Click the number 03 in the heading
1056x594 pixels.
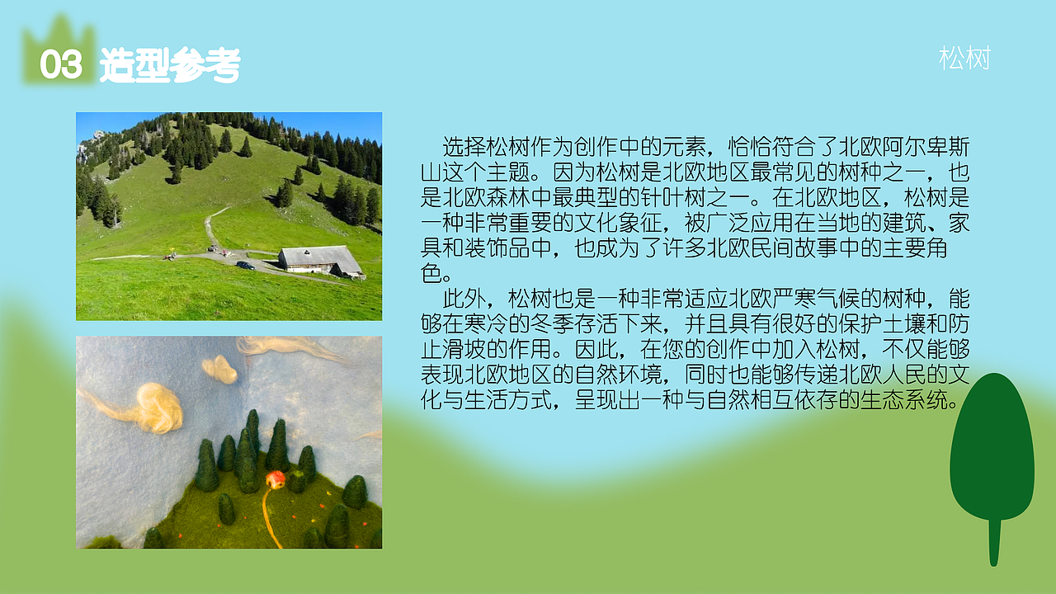(61, 65)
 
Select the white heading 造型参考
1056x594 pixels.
(170, 65)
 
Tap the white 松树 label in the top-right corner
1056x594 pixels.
(964, 59)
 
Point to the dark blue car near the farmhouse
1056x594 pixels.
(245, 265)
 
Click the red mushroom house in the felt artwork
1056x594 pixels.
(276, 479)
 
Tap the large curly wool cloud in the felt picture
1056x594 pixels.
(153, 406)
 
